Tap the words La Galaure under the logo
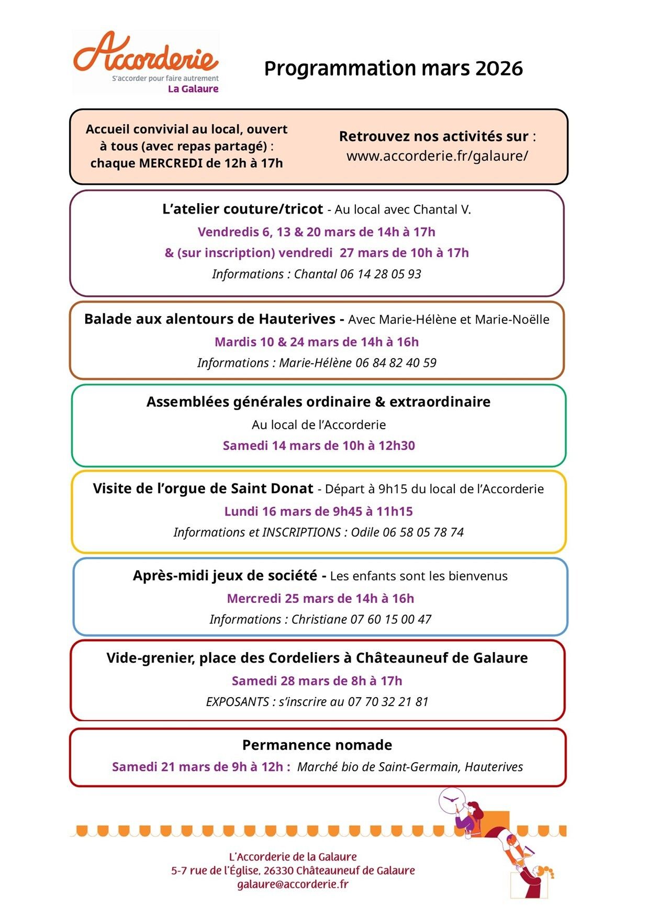(x=193, y=89)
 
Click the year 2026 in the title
(x=499, y=69)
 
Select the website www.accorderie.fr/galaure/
(x=437, y=156)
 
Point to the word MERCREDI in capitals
(x=171, y=163)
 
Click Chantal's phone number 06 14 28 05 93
(x=381, y=274)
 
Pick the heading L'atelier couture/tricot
(x=242, y=209)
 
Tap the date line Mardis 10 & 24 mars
(x=316, y=342)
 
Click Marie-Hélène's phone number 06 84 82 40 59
(x=396, y=363)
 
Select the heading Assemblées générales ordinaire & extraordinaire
(x=318, y=402)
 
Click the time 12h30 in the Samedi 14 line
(x=397, y=446)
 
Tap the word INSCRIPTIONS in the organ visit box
(x=301, y=533)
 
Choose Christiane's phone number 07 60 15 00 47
(x=391, y=620)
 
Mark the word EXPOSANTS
(x=237, y=702)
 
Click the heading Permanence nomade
(x=317, y=745)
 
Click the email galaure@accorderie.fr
(x=293, y=885)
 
